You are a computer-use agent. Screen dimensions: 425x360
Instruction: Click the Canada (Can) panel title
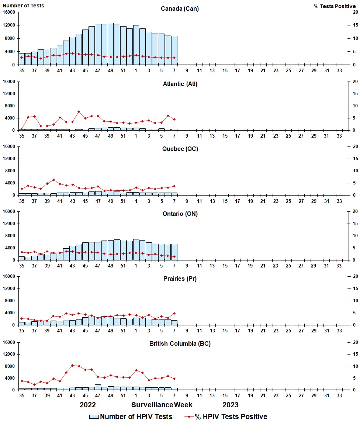pyautogui.click(x=180, y=9)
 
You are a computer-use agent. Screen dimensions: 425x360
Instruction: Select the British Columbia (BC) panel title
pyautogui.click(x=180, y=343)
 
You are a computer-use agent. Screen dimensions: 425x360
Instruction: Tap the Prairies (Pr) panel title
pyautogui.click(x=180, y=279)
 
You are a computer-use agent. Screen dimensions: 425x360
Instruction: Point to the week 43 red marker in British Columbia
pyautogui.click(x=73, y=365)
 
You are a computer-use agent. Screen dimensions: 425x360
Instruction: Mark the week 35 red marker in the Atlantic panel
pyautogui.click(x=22, y=129)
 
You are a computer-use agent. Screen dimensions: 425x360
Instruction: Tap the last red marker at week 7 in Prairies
pyautogui.click(x=174, y=313)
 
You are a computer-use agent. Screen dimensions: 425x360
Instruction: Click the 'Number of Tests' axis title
pyautogui.click(x=23, y=6)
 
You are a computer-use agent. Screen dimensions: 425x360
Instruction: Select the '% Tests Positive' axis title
pyautogui.click(x=335, y=6)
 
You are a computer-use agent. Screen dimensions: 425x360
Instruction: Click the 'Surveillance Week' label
pyautogui.click(x=162, y=405)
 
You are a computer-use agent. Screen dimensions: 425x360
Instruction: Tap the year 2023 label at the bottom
pyautogui.click(x=230, y=405)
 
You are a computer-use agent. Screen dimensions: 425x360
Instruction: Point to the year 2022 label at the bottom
pyautogui.click(x=88, y=405)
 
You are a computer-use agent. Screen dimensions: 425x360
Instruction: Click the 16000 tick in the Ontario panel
pyautogui.click(x=8, y=211)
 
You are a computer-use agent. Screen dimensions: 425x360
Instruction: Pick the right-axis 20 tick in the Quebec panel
pyautogui.click(x=355, y=146)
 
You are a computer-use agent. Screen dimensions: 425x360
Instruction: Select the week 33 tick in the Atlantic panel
pyautogui.click(x=339, y=136)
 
